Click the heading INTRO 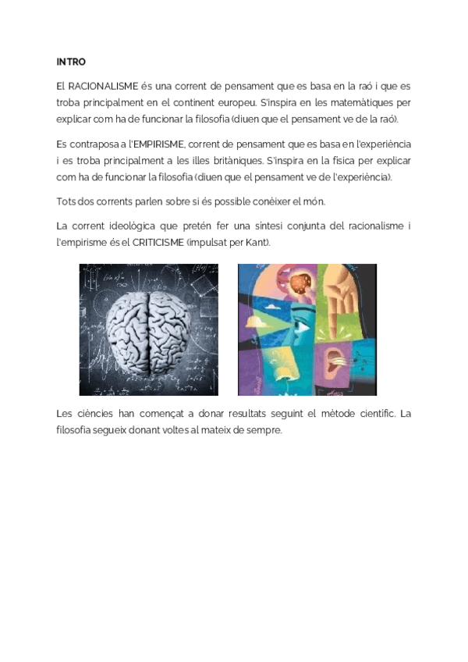pos(71,62)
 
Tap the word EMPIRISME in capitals pos(159,145)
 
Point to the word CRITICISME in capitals pos(158,243)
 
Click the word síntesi pos(249,226)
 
